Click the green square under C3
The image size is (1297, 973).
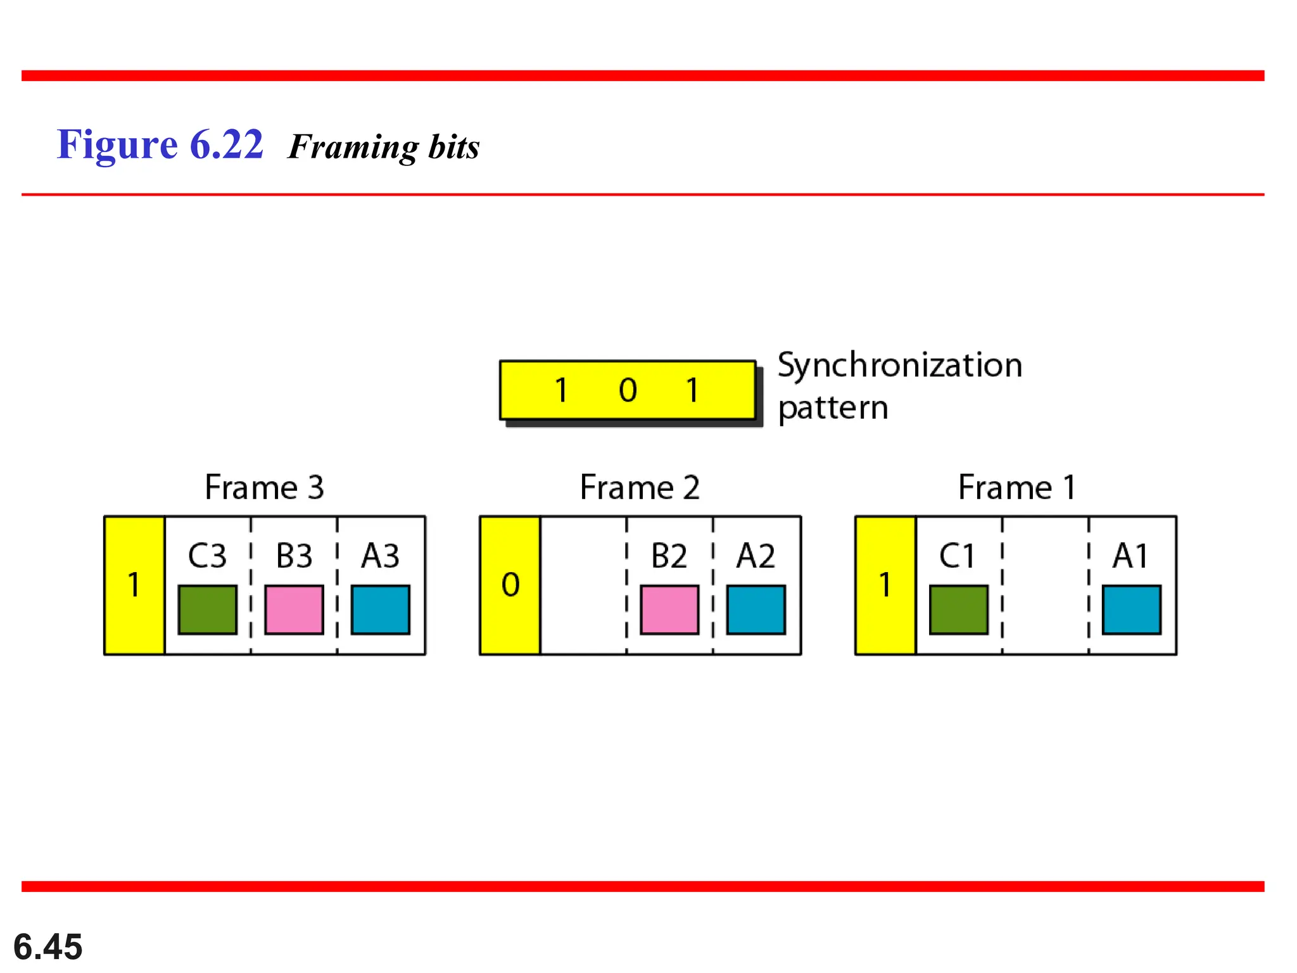(207, 609)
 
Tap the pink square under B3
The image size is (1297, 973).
(294, 609)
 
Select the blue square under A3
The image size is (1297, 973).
(381, 609)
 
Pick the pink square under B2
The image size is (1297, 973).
(669, 609)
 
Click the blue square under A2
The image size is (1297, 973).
(756, 609)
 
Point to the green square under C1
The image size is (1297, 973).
(959, 609)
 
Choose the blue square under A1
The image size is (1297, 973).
(1132, 609)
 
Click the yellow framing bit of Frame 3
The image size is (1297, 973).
(134, 585)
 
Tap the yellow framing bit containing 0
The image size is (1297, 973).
(510, 585)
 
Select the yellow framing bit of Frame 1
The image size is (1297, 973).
(885, 585)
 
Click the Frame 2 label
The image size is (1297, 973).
(640, 488)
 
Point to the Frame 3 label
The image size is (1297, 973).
(264, 488)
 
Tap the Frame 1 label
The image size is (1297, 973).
(1016, 488)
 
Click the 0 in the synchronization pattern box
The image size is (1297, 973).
(628, 390)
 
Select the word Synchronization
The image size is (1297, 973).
(899, 366)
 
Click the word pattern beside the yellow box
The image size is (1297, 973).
(833, 408)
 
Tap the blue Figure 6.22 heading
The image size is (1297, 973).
(160, 144)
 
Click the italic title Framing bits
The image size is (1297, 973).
(384, 147)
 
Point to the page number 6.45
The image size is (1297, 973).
(48, 946)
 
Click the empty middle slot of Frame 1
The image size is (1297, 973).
(1046, 585)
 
